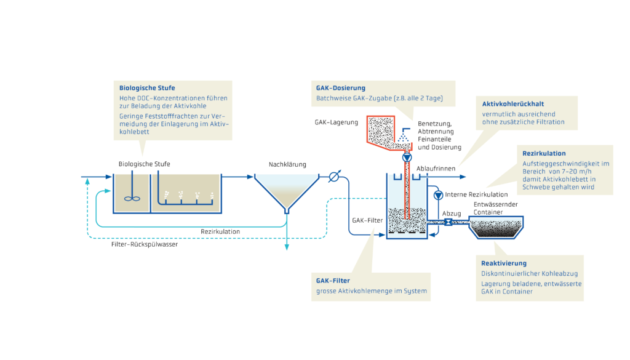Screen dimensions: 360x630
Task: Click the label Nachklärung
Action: click(287, 164)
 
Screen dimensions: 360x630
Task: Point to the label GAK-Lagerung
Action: click(337, 122)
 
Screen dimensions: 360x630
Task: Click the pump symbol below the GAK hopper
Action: click(407, 158)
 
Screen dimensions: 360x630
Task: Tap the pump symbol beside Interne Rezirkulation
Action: click(438, 195)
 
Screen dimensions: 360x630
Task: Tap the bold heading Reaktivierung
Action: click(503, 263)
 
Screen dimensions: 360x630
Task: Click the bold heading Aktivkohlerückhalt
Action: click(512, 104)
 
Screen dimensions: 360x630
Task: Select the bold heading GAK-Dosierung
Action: click(341, 88)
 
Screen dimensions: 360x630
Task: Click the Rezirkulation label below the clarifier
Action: click(220, 231)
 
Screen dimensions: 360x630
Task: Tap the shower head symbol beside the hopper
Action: click(404, 130)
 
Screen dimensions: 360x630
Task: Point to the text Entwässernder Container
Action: click(493, 208)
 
